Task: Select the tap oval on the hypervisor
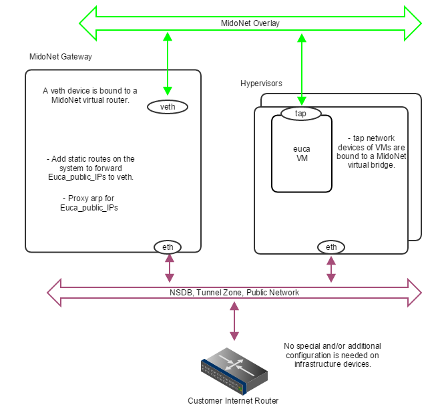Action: tap(300, 114)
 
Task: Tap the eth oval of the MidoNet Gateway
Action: tap(168, 247)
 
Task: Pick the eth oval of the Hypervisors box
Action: tap(331, 247)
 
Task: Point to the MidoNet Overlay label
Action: tap(250, 23)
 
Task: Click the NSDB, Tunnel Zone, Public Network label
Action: tap(234, 292)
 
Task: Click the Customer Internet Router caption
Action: tap(233, 401)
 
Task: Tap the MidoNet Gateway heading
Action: tap(60, 57)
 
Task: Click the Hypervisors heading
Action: tap(261, 84)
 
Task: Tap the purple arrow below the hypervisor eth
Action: tap(331, 267)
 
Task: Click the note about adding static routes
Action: tap(90, 168)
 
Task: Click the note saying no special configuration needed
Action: tap(332, 355)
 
